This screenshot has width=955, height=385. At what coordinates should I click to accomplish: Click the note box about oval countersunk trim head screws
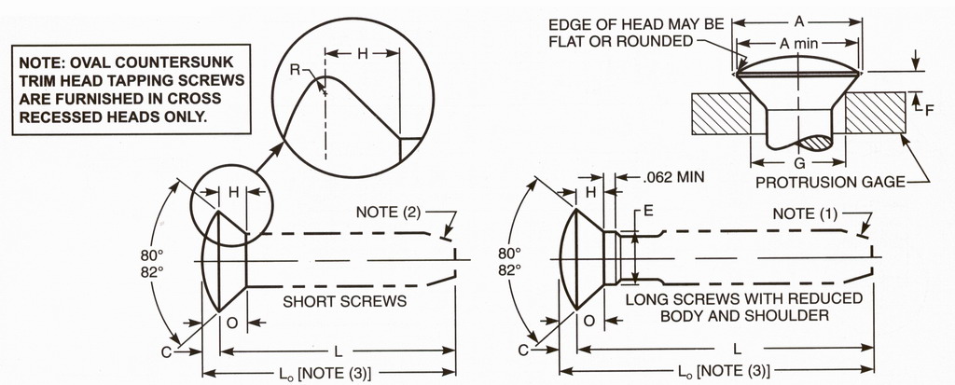click(131, 89)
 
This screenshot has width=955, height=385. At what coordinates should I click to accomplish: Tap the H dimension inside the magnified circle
click(363, 55)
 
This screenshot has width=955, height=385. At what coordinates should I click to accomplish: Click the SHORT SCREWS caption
click(344, 301)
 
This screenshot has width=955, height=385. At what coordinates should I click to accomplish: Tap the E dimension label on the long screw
click(648, 212)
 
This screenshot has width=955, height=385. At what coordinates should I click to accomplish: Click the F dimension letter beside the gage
click(928, 110)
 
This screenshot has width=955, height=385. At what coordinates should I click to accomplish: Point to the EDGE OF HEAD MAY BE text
click(624, 24)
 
